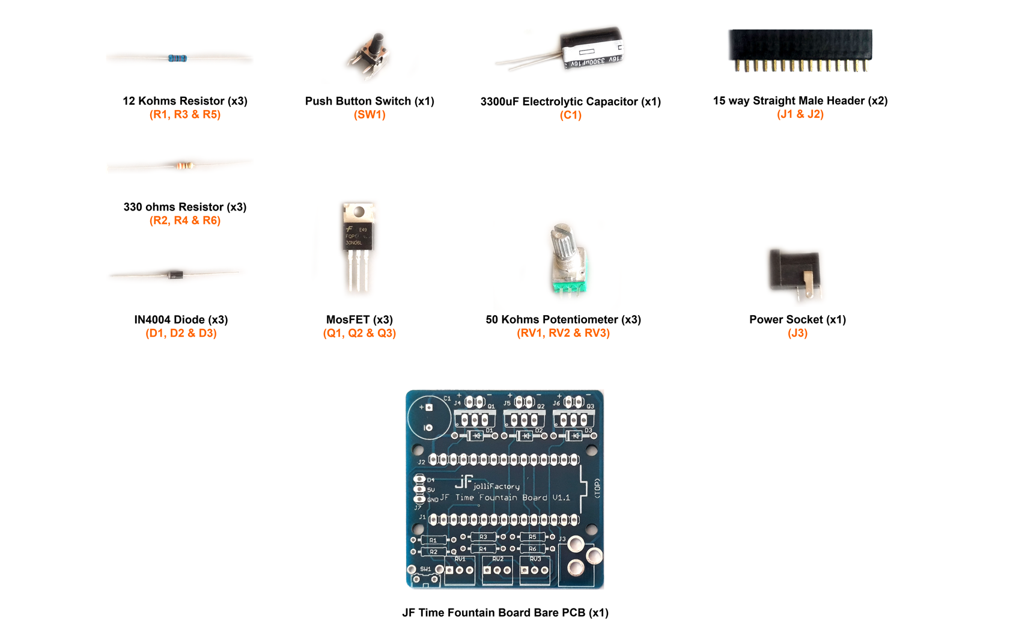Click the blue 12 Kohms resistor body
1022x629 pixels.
point(177,58)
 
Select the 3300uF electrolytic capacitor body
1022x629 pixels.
point(591,49)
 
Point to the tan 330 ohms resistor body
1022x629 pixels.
point(184,165)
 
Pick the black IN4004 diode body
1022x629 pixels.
point(175,275)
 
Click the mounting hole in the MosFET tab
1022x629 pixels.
point(359,212)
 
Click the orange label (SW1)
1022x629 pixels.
point(370,115)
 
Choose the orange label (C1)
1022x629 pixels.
point(570,115)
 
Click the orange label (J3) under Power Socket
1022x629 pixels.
point(797,333)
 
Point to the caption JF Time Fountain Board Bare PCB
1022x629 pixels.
point(505,613)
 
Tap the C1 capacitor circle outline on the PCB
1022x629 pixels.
point(429,417)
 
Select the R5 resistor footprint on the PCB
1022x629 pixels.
point(532,536)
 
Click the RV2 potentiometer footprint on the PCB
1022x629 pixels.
point(497,569)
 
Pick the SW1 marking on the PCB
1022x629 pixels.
point(425,569)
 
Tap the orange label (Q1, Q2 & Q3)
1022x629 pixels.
point(359,333)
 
